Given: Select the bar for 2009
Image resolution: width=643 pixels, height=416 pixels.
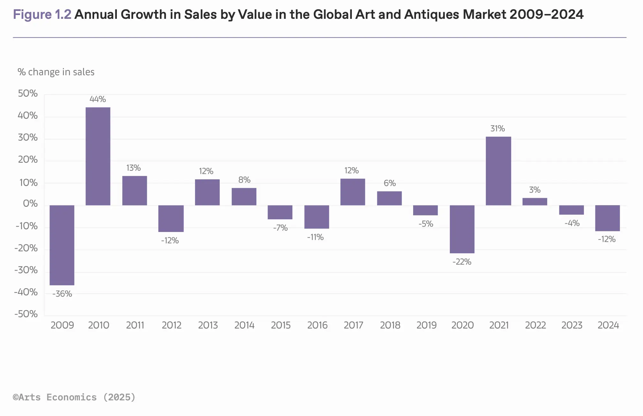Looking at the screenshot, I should click(x=62, y=245).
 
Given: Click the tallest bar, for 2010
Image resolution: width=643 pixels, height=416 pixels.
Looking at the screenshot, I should click(x=98, y=156).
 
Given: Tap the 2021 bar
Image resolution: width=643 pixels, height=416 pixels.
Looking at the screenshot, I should click(x=498, y=171).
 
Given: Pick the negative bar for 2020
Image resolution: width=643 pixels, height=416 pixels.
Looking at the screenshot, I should click(x=462, y=229).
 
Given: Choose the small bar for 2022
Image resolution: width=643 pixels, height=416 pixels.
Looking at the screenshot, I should click(x=535, y=202).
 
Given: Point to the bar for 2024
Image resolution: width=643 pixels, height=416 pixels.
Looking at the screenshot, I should click(x=608, y=218).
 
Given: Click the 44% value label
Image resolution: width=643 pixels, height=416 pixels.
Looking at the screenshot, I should click(x=98, y=99).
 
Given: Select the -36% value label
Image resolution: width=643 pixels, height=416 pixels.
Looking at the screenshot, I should click(x=62, y=294).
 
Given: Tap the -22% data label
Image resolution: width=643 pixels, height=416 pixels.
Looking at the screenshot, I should click(x=462, y=262).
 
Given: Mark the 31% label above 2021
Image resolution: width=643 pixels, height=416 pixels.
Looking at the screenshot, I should click(x=498, y=129).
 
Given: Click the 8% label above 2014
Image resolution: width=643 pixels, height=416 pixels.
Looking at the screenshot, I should click(x=244, y=180).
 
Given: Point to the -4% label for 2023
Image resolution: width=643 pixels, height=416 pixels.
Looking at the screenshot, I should click(x=572, y=223).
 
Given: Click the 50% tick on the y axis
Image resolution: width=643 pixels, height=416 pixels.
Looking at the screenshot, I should click(x=28, y=93).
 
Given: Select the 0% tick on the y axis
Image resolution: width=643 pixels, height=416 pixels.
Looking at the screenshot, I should click(x=30, y=204).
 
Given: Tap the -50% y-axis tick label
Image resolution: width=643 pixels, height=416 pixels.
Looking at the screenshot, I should click(x=26, y=314).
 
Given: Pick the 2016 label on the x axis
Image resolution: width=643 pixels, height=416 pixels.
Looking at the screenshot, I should click(x=317, y=325).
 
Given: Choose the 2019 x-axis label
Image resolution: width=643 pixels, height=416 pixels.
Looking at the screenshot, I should click(x=427, y=325).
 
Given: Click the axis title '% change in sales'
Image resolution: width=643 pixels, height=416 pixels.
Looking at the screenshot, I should click(x=56, y=72).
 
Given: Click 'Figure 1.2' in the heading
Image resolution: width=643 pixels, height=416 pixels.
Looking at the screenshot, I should click(x=42, y=15).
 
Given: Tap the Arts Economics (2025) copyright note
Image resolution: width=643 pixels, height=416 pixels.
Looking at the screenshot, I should click(x=74, y=397).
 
